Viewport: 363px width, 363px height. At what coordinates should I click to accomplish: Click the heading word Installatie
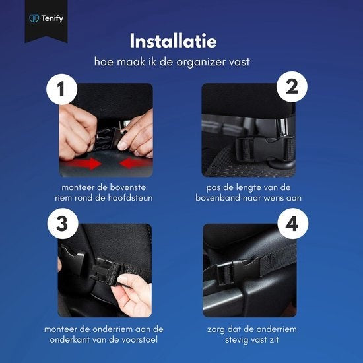[181, 41]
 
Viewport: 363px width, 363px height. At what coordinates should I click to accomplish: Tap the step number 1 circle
[61, 92]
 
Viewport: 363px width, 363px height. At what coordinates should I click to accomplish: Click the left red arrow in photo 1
[82, 162]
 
